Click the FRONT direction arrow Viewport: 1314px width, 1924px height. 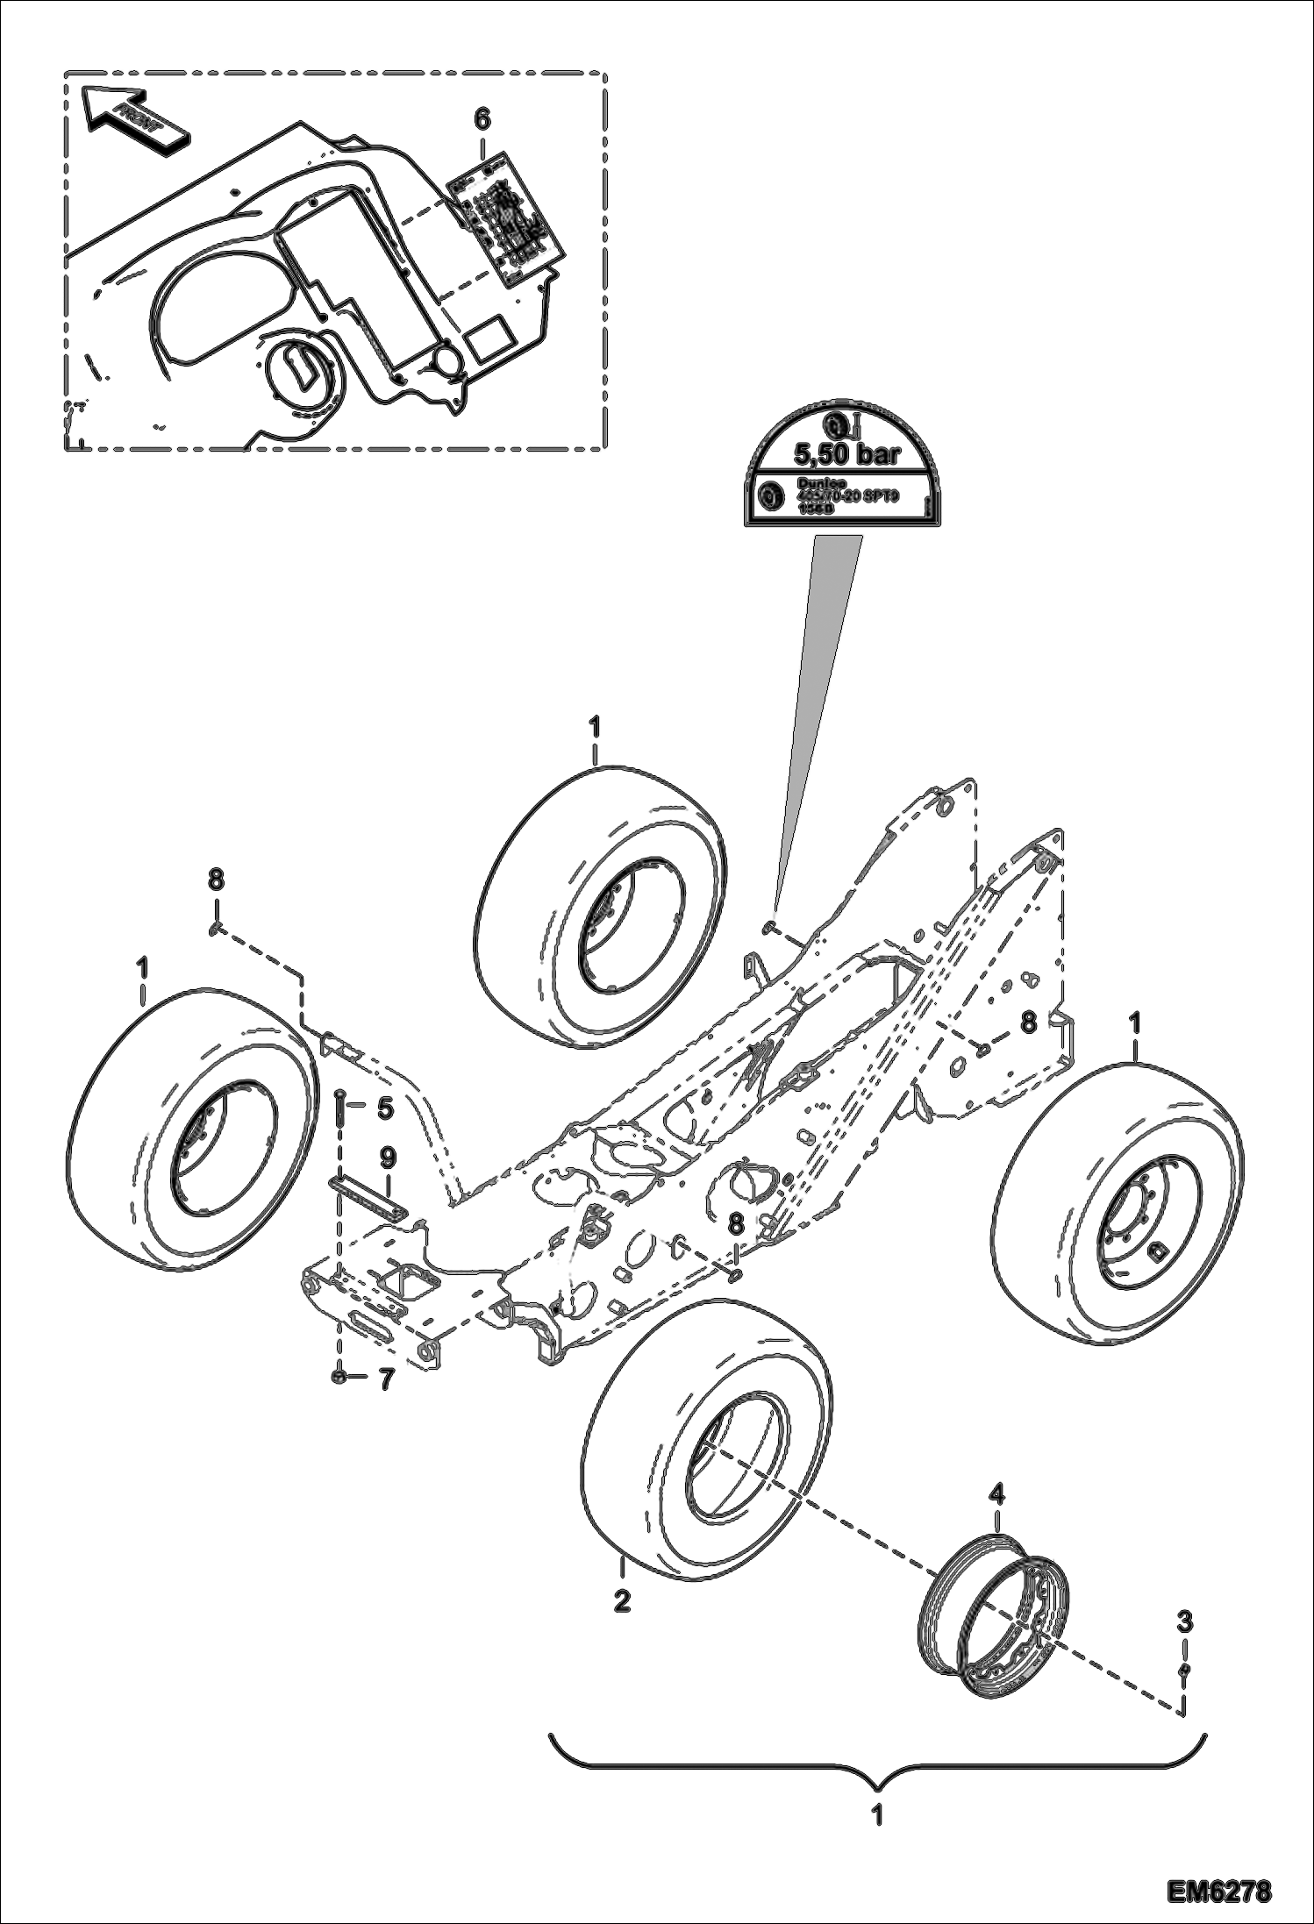(132, 117)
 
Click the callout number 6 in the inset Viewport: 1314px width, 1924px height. (482, 118)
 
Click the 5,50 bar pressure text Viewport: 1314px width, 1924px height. (846, 454)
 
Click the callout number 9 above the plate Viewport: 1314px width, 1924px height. (388, 1158)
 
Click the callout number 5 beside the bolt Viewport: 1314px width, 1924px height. (384, 1108)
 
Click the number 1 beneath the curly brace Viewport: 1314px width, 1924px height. (876, 1815)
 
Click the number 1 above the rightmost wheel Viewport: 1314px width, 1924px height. (1135, 1023)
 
